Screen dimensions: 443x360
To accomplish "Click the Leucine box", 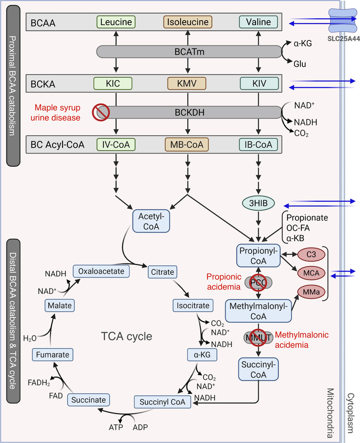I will (116, 22).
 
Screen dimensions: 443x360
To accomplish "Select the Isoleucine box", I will (188, 22).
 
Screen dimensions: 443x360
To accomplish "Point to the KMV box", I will (188, 84).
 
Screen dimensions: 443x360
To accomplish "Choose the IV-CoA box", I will (116, 145).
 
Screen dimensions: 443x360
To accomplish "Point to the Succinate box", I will (89, 400).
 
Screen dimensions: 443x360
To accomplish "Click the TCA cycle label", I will (127, 337).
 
